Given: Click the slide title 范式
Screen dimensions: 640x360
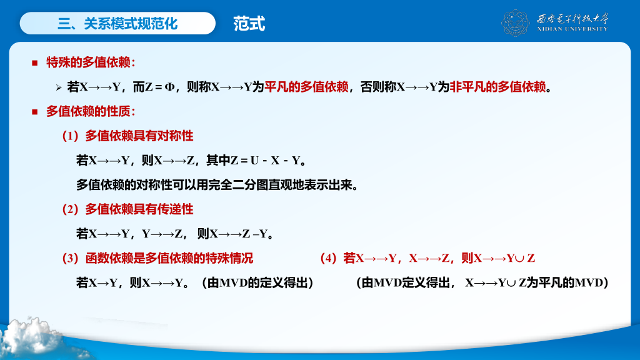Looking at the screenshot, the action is pyautogui.click(x=249, y=24).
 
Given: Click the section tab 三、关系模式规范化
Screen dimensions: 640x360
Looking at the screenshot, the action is pyautogui.click(x=117, y=23).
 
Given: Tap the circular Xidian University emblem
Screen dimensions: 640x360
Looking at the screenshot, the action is pyautogui.click(x=516, y=23).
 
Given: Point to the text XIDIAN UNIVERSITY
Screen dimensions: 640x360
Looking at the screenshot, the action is pyautogui.click(x=572, y=29).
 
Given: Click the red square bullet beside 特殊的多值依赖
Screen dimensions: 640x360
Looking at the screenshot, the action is pyautogui.click(x=35, y=63).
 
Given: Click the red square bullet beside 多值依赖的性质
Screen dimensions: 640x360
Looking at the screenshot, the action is pyautogui.click(x=35, y=112).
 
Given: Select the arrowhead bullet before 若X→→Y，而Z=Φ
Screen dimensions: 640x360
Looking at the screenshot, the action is pyautogui.click(x=59, y=87).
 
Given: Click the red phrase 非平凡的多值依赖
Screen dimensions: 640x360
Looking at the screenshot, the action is pyautogui.click(x=497, y=87).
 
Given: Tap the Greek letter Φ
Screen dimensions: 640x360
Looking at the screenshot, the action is pyautogui.click(x=170, y=87).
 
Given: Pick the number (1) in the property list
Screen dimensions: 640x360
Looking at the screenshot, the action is pyautogui.click(x=70, y=136).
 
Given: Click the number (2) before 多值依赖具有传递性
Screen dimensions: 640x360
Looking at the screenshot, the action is pyautogui.click(x=70, y=209).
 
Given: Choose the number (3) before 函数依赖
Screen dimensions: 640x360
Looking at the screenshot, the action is pyautogui.click(x=70, y=258).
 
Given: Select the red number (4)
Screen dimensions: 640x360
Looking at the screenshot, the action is pyautogui.click(x=328, y=258).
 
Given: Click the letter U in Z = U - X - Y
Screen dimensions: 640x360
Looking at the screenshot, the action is pyautogui.click(x=254, y=161).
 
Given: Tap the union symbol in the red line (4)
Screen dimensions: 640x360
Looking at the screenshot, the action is pyautogui.click(x=519, y=259).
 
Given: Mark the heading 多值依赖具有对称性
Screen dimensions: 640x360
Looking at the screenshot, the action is pyautogui.click(x=139, y=136).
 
